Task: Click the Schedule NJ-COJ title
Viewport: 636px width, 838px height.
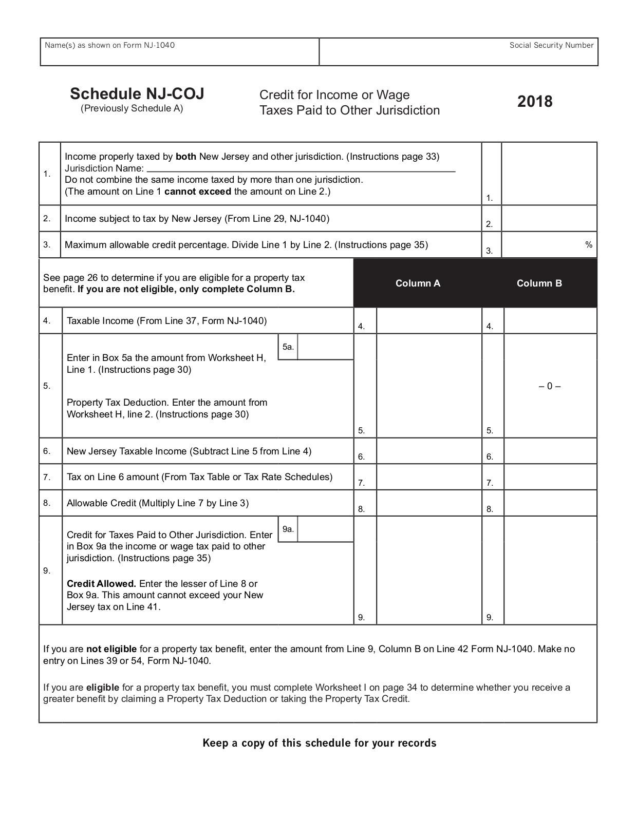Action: click(137, 94)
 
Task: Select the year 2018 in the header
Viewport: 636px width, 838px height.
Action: click(535, 101)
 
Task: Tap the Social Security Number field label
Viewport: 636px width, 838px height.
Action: click(551, 45)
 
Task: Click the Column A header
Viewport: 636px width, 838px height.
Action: click(418, 283)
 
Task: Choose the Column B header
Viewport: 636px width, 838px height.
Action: click(539, 283)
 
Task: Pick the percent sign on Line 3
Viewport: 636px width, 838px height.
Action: click(589, 244)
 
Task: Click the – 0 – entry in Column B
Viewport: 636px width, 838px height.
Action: click(550, 386)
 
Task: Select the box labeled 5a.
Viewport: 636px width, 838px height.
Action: click(325, 347)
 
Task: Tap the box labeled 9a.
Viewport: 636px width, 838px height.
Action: click(325, 529)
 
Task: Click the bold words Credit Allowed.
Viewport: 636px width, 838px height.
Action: click(101, 583)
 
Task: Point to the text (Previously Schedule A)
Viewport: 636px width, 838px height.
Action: click(132, 108)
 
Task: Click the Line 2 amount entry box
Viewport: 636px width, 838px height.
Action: click(549, 219)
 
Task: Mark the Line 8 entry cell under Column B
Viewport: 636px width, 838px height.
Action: click(550, 503)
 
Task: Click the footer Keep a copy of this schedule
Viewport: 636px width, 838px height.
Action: click(319, 743)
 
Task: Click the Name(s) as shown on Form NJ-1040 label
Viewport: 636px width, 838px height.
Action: click(109, 45)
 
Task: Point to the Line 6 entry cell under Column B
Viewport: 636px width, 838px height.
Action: click(550, 451)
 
